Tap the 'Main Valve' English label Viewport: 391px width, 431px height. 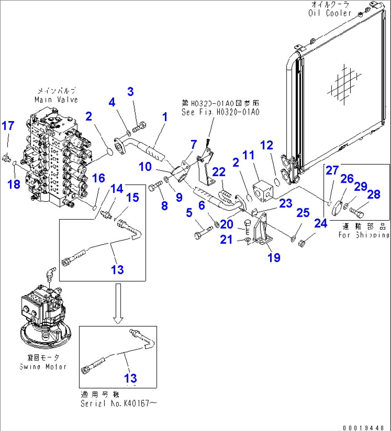coord(56,99)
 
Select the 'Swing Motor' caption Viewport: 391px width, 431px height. coord(43,367)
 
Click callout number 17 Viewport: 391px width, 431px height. coord(8,126)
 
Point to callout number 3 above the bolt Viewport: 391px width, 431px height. coord(131,92)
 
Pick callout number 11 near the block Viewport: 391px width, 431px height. coord(248,155)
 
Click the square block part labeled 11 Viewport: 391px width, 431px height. coord(262,189)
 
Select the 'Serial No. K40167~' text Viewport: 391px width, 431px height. coord(118,403)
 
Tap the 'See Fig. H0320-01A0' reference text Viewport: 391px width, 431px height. coord(220,112)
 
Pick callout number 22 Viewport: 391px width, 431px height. coord(219,172)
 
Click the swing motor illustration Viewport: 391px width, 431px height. coord(45,312)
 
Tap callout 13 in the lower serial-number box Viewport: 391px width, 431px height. coord(131,378)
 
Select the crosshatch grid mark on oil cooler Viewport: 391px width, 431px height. coord(339,84)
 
